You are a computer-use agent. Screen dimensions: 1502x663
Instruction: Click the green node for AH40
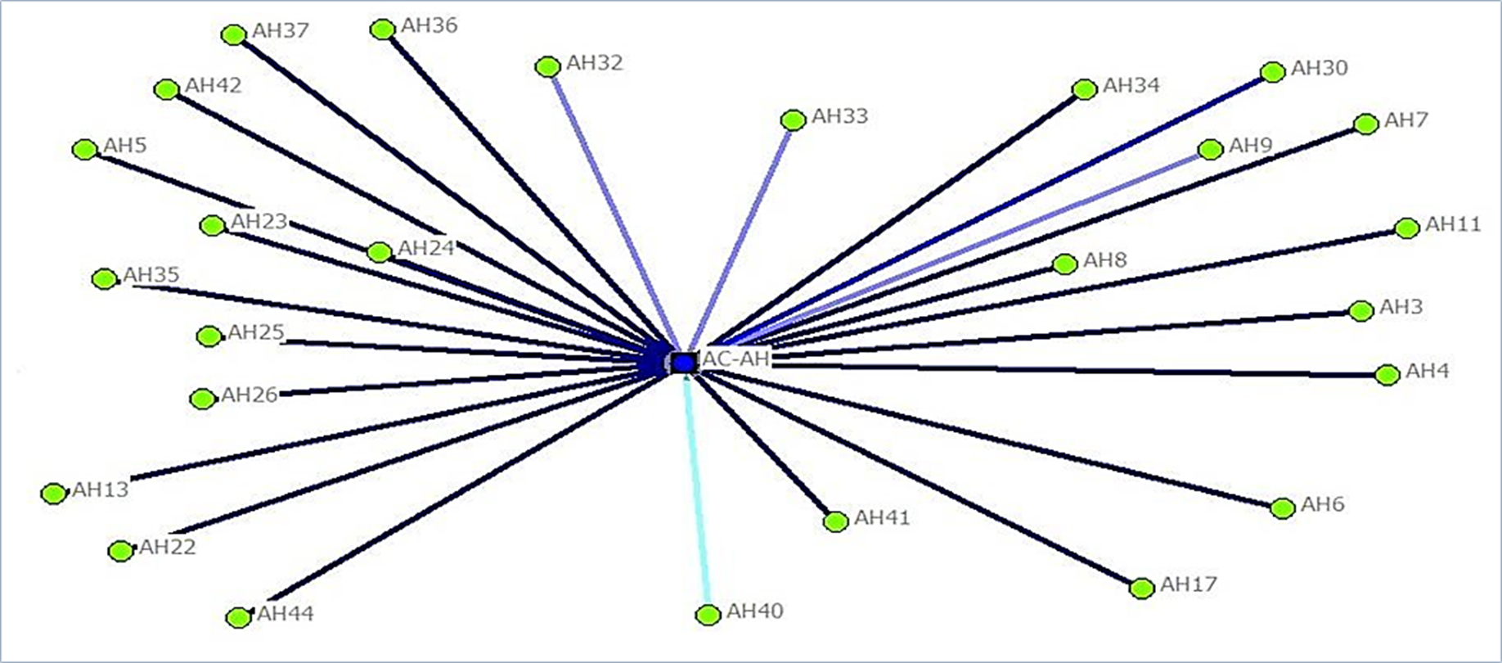pos(708,615)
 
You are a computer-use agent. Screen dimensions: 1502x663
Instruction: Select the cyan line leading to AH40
pos(697,491)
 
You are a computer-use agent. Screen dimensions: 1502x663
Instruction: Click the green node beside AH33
pos(793,120)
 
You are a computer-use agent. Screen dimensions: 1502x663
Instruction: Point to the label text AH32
pos(595,63)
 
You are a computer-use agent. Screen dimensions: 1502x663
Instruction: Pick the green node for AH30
pos(1272,72)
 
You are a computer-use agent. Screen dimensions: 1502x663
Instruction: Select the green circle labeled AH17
pos(1142,588)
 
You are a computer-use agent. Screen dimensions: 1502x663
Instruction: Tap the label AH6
pos(1323,504)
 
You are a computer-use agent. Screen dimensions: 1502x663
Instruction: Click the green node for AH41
pos(835,521)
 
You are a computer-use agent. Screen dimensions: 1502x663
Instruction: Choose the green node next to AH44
pos(238,617)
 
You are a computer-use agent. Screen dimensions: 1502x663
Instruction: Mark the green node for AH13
pos(54,494)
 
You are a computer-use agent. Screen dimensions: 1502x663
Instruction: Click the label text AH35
pos(151,275)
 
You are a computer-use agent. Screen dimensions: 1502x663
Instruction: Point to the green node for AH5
pos(85,150)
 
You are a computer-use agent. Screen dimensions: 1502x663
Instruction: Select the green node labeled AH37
pos(234,34)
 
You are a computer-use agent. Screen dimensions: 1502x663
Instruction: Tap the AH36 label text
pos(429,25)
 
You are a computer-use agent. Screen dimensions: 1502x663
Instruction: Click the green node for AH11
pos(1406,228)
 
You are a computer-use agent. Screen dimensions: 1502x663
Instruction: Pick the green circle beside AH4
pos(1387,375)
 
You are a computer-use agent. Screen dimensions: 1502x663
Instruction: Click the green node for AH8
pos(1064,264)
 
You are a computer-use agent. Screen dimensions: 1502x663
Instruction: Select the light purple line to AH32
pos(614,213)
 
